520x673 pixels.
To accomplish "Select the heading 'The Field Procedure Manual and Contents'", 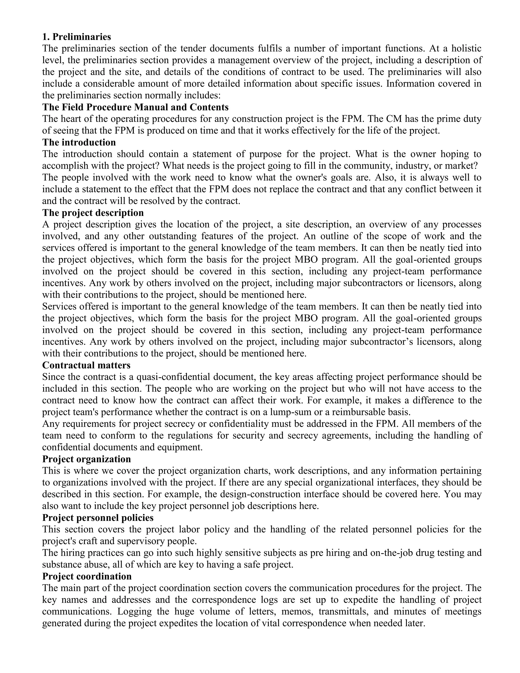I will point(135,107).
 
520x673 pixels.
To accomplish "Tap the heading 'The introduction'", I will point(79,142).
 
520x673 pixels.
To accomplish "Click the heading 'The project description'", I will point(93,213).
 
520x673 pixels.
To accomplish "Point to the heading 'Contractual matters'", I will point(86,365).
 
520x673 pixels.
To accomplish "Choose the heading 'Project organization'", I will point(86,459).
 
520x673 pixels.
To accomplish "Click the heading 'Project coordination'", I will point(87,576).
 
